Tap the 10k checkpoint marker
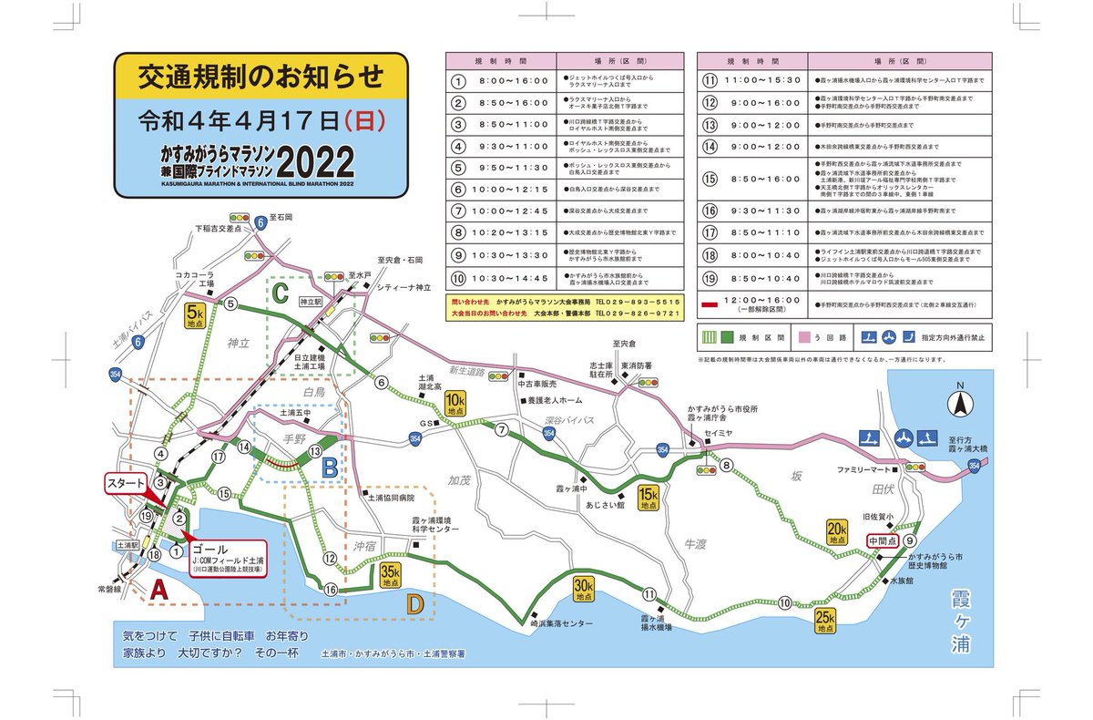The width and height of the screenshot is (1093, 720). pyautogui.click(x=455, y=403)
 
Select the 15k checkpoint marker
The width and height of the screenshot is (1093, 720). pyautogui.click(x=649, y=498)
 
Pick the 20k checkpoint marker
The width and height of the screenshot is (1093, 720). pyautogui.click(x=836, y=534)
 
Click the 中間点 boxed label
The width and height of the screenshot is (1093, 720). pyautogui.click(x=883, y=540)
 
